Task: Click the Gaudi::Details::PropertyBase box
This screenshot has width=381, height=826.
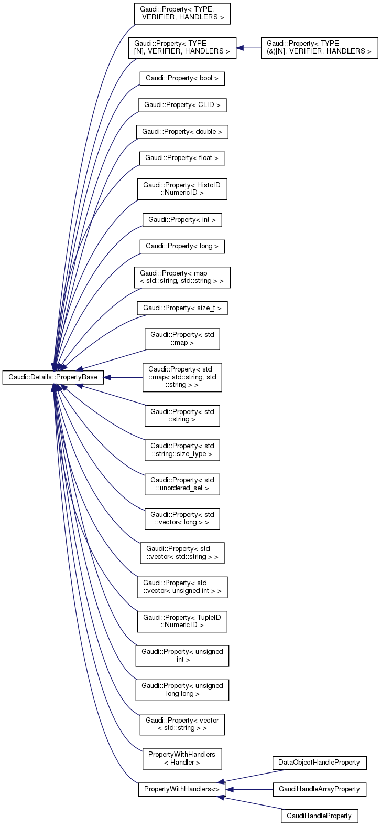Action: pos(53,377)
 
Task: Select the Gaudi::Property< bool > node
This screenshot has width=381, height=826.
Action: pos(182,79)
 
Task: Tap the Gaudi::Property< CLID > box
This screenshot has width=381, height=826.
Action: pos(182,105)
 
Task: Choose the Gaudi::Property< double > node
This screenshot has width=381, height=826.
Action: pos(182,131)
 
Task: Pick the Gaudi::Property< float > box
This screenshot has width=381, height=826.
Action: pos(182,157)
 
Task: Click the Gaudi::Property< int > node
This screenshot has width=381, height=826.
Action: pos(182,219)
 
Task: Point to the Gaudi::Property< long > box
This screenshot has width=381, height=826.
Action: pos(182,246)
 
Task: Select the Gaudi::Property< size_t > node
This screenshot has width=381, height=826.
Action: pos(182,308)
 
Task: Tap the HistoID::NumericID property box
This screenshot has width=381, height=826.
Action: pos(182,188)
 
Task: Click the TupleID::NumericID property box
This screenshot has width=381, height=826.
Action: pos(182,621)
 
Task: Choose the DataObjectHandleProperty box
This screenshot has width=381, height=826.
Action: pos(319,762)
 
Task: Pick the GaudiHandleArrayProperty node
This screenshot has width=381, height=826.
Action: pos(319,789)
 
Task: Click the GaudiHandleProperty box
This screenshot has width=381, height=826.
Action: pos(319,816)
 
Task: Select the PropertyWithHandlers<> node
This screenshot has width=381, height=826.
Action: pos(182,789)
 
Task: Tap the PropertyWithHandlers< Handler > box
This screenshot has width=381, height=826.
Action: pos(182,758)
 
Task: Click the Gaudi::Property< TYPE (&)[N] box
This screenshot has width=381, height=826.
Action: pos(319,47)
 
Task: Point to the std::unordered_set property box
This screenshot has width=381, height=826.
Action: pos(182,484)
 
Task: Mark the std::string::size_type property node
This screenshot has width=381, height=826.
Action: pos(182,450)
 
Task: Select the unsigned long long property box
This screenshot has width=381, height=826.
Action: pos(182,690)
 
